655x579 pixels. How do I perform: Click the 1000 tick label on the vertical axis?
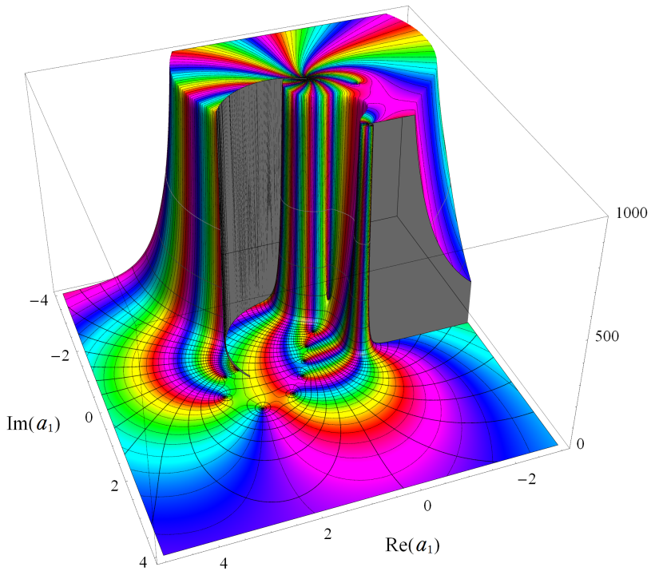632,213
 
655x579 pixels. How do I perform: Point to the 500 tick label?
607,336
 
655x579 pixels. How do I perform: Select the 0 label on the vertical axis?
580,444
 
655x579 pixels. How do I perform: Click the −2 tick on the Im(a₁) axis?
60,357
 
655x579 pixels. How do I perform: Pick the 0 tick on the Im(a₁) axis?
88,417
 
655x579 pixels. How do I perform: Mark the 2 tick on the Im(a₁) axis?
114,486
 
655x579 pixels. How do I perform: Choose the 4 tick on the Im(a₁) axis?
143,563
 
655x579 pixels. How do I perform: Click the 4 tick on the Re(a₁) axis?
224,564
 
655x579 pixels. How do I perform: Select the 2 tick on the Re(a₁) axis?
327,534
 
